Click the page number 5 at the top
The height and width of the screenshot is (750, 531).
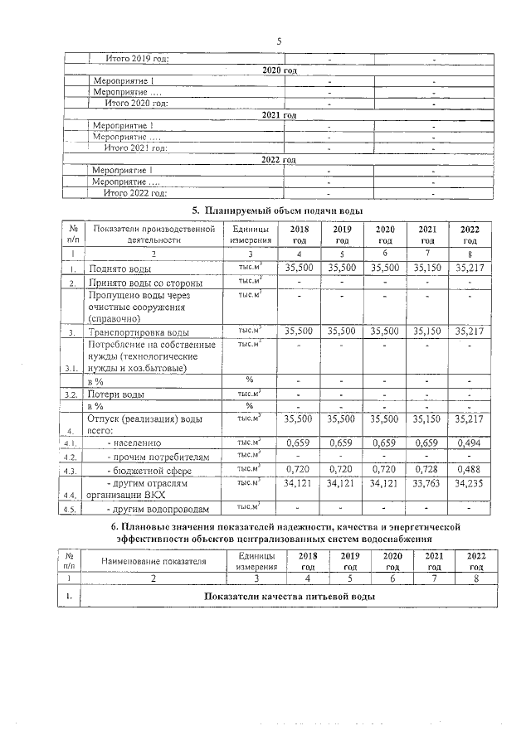click(280, 40)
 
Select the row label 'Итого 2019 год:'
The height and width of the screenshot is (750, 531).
click(137, 59)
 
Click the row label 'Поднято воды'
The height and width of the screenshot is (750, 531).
click(124, 269)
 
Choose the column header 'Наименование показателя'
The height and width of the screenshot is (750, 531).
click(152, 561)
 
